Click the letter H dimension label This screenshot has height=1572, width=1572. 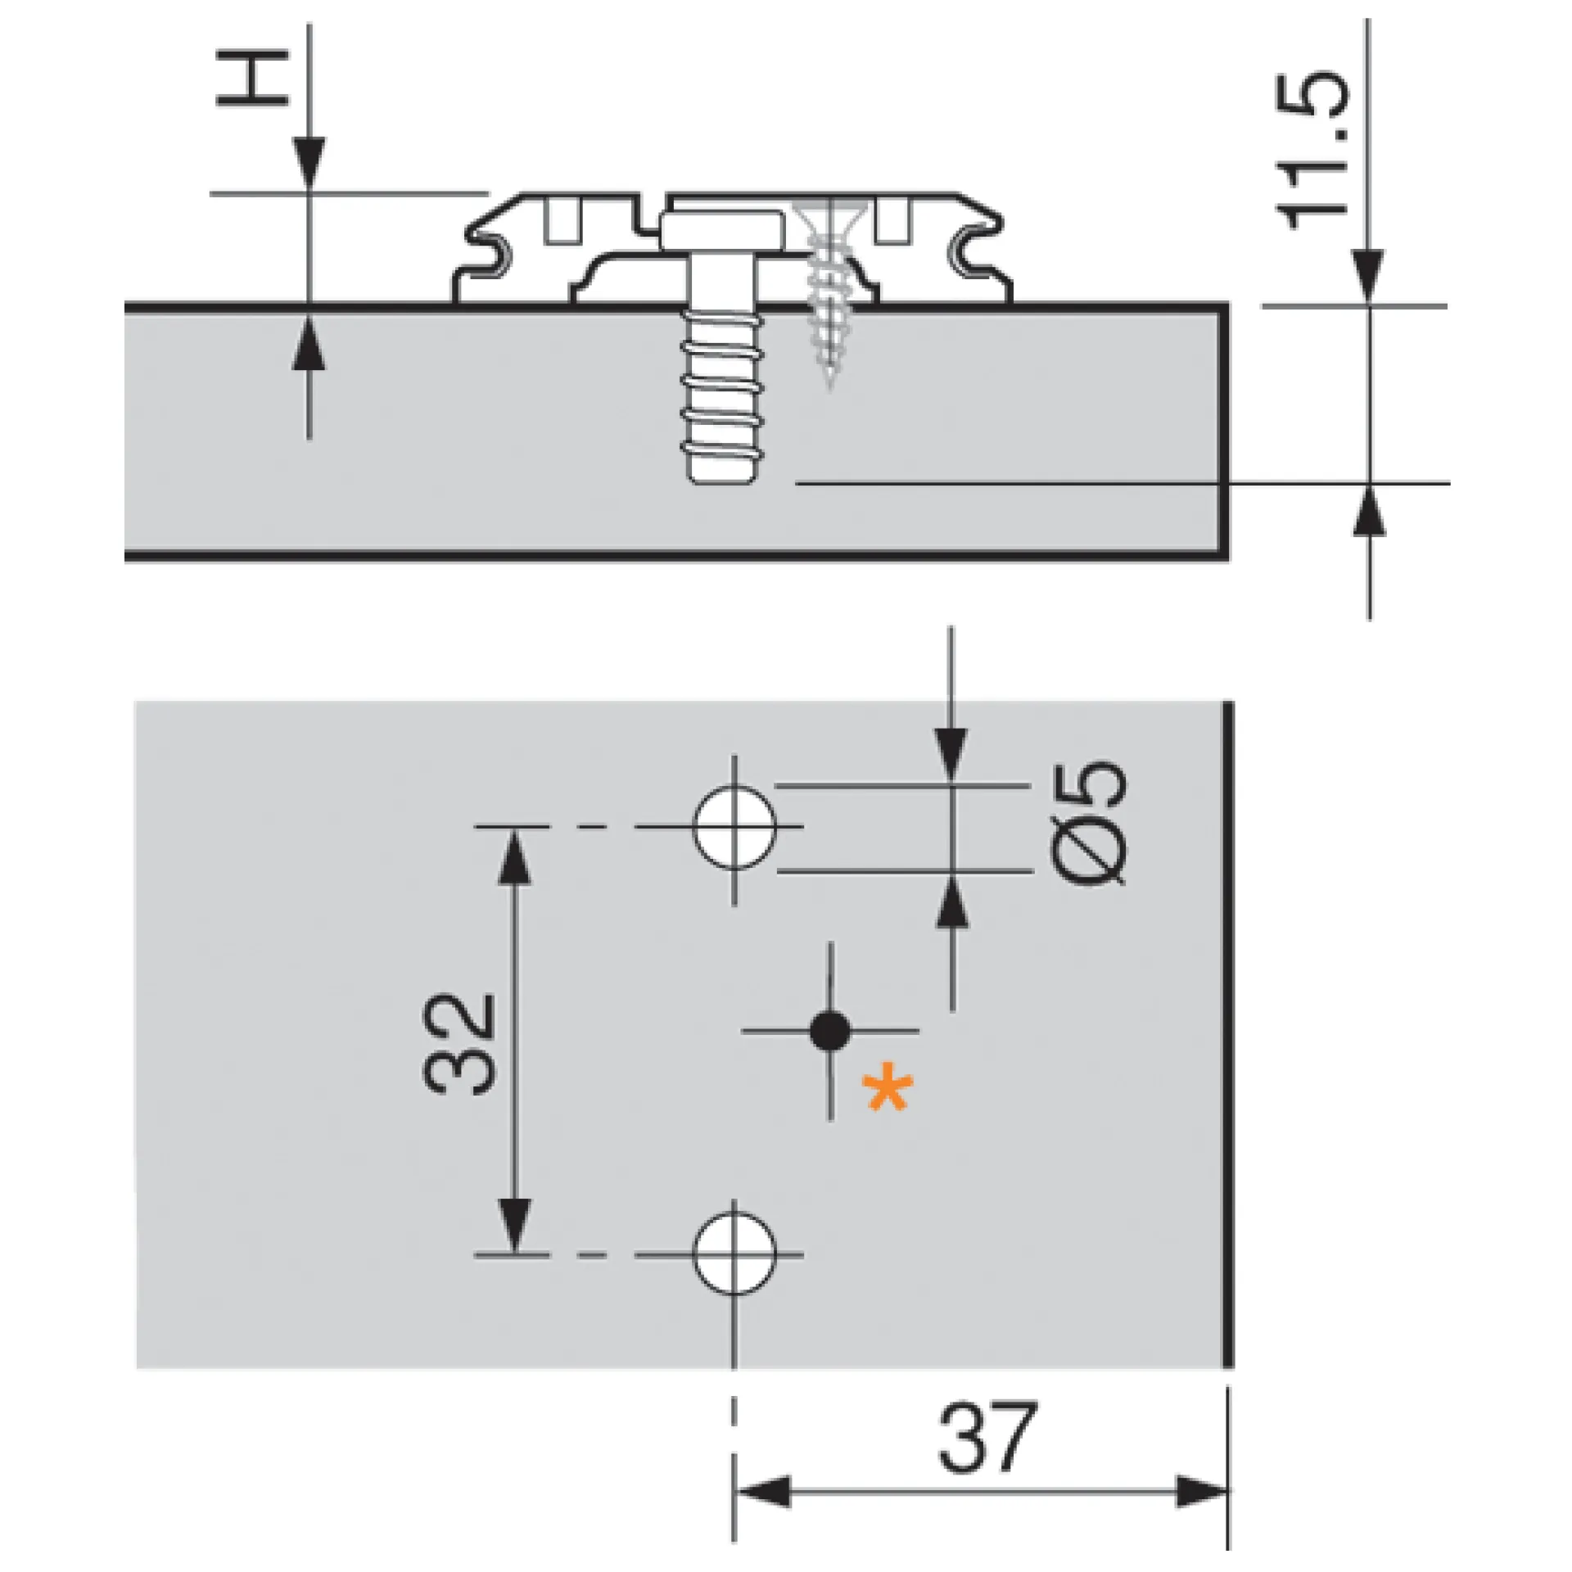point(252,79)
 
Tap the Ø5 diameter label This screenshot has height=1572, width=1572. point(1088,822)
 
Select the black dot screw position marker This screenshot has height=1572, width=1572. point(830,1031)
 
